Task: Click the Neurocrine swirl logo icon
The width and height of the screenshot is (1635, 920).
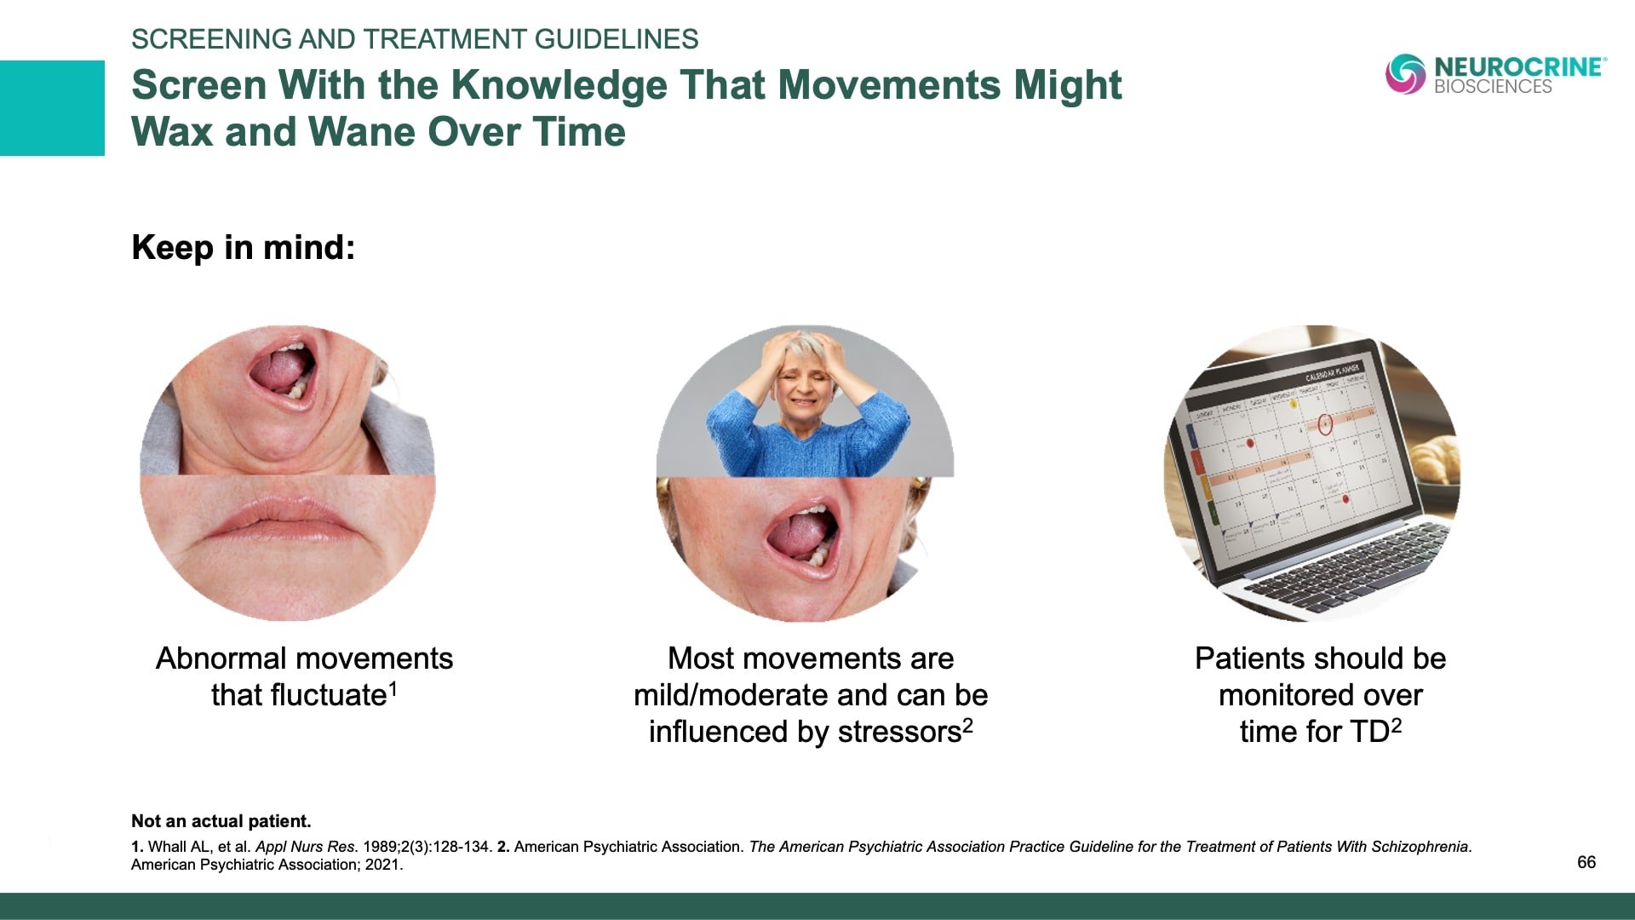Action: click(x=1405, y=73)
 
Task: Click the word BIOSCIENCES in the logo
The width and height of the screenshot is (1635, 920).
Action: click(x=1493, y=86)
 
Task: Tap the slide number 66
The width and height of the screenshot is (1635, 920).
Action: click(x=1586, y=862)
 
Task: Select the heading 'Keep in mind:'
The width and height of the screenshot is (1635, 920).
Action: click(x=244, y=248)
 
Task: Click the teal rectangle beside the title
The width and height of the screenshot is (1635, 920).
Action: click(x=52, y=108)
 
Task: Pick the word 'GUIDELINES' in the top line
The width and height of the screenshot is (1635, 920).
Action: click(x=617, y=39)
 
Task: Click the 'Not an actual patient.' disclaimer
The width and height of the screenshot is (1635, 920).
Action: click(x=221, y=821)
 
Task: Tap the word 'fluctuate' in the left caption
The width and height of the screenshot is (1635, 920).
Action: click(x=299, y=695)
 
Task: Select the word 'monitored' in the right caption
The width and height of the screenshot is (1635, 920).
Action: click(x=1281, y=695)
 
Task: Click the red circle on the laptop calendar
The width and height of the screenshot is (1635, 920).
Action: click(x=1325, y=424)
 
